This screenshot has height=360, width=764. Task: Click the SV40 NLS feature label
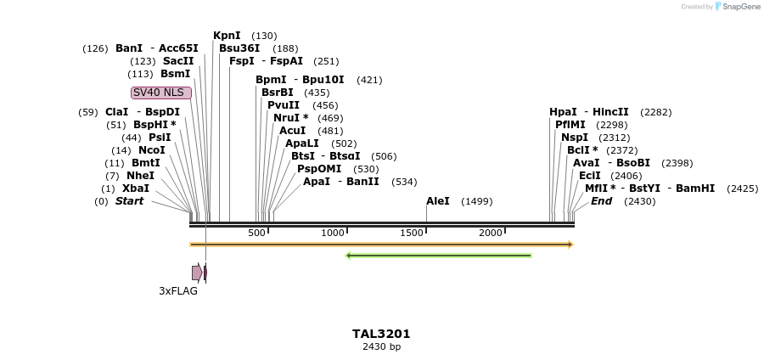(x=160, y=93)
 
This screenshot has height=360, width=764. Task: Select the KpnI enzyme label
(x=227, y=36)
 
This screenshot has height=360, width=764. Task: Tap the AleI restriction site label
(x=438, y=201)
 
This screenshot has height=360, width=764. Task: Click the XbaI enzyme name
(x=136, y=188)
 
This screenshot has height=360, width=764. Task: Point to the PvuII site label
(x=284, y=105)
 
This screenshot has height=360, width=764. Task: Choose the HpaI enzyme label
(x=563, y=112)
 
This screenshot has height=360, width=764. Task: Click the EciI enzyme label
(x=589, y=176)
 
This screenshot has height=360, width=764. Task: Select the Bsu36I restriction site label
(x=239, y=48)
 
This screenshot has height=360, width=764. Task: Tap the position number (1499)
(x=476, y=202)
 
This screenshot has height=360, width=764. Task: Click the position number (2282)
(x=655, y=112)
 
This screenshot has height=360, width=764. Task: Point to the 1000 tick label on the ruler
(x=333, y=233)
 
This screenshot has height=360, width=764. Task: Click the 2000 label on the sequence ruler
(x=491, y=233)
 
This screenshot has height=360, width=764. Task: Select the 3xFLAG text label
(x=178, y=291)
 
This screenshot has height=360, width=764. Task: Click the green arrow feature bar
(x=438, y=255)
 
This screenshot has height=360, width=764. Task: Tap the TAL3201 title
(x=381, y=334)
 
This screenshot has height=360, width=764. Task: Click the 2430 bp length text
(x=381, y=347)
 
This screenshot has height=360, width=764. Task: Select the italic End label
(x=601, y=201)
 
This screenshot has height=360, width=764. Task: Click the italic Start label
(x=130, y=201)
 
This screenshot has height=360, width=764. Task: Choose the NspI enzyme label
(x=574, y=138)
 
